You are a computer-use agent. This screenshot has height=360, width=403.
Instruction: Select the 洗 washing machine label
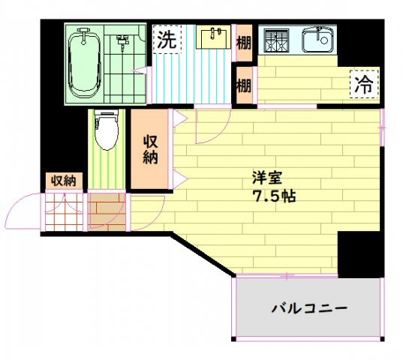[167, 40]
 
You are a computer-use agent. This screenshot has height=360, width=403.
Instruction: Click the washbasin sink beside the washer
[215, 37]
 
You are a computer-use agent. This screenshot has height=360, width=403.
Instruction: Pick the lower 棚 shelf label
[244, 85]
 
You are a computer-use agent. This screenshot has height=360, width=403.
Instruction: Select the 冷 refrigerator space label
[363, 85]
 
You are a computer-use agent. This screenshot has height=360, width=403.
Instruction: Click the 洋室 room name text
[267, 179]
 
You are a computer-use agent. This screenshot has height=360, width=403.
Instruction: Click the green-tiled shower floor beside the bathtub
[122, 64]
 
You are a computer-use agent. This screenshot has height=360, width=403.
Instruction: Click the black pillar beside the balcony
[359, 254]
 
